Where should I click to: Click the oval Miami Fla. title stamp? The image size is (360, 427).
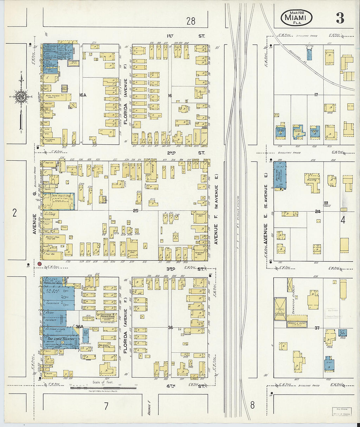[296, 18]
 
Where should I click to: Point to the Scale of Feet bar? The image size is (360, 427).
[103, 388]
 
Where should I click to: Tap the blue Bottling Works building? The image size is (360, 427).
[280, 175]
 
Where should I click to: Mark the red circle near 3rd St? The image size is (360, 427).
[39, 264]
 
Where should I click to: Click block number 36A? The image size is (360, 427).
[80, 327]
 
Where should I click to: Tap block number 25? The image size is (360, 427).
[135, 211]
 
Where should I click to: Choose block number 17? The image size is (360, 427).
[316, 95]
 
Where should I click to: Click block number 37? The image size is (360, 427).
[317, 328]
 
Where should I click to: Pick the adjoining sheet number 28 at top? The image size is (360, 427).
[190, 21]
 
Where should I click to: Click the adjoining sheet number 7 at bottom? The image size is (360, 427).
[106, 406]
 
